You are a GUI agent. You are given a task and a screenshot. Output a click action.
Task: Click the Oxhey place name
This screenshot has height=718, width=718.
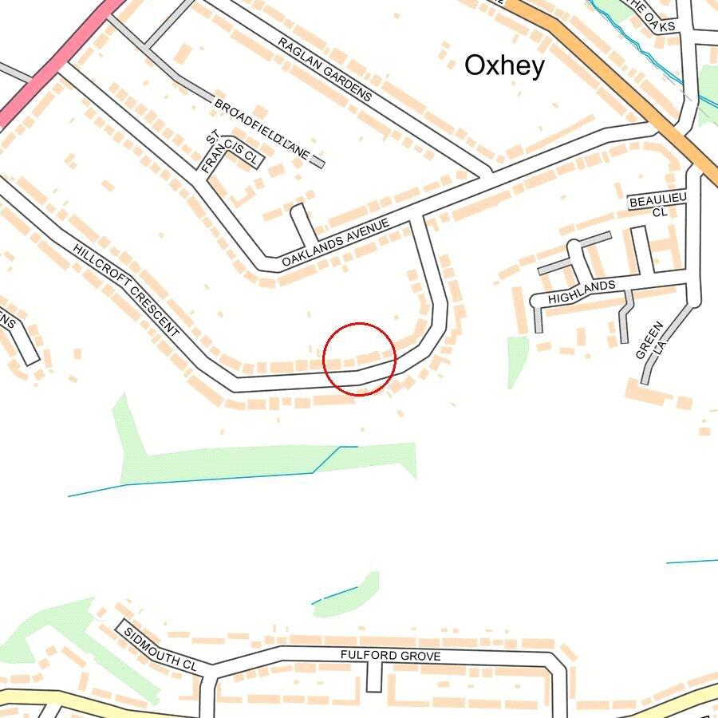point(504,65)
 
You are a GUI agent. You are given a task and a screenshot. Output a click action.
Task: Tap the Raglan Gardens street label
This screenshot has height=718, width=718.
point(325,69)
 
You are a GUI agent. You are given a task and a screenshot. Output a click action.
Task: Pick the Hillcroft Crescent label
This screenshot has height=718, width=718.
point(125,290)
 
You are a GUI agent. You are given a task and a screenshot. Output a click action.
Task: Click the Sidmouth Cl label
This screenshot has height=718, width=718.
point(160,647)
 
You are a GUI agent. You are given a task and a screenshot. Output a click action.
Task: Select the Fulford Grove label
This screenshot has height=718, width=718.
point(390,656)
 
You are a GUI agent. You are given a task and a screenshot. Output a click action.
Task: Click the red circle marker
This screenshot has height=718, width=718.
point(359,359)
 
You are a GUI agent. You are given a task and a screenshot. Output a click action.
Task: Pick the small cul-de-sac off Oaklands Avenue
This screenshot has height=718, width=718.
point(302,225)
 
